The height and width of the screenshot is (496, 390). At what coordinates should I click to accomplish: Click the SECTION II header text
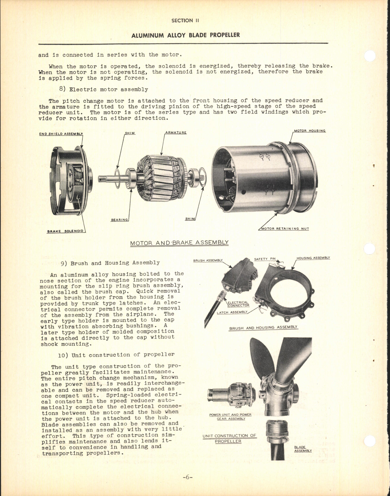pos(185,21)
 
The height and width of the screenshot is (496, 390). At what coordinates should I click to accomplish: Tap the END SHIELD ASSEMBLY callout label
pos(61,134)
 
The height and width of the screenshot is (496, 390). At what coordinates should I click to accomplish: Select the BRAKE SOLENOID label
pos(65,231)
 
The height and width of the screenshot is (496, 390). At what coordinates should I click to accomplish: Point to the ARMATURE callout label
pos(176,133)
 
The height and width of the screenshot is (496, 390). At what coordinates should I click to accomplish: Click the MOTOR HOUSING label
pos(310,131)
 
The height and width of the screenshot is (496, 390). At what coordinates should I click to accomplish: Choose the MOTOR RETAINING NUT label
pos(285,229)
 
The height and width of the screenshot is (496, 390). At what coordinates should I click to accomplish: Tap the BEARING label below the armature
pos(120,220)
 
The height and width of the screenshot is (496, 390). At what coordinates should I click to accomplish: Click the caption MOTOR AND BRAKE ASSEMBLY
pos(179,243)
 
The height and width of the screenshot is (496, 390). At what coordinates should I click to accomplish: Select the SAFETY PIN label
pos(265,259)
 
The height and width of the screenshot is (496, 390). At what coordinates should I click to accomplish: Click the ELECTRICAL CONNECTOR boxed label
pos(238,304)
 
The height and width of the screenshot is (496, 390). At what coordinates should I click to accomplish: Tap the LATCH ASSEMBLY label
pos(232,313)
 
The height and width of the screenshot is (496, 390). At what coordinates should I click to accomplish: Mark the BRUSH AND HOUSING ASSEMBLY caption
pos(263,327)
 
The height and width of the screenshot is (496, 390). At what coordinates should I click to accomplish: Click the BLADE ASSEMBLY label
pos(302,449)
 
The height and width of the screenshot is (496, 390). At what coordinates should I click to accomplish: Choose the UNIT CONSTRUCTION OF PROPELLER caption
pos(229,439)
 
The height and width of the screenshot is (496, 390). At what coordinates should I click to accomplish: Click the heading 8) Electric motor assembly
pos(104,89)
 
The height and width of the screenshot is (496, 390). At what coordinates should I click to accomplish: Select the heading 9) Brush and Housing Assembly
pos(110,263)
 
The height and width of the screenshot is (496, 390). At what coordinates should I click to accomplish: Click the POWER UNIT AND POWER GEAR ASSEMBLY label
pos(231,417)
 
